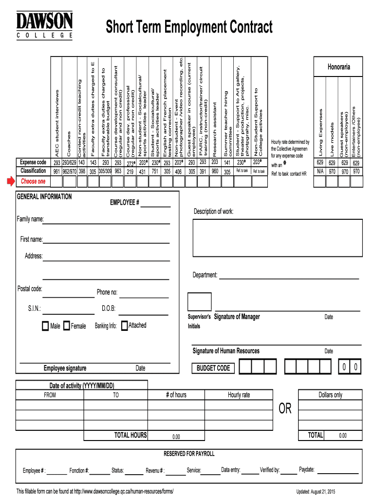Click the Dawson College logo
pos(45,25)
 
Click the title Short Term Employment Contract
pos(189,27)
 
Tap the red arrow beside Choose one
pos(11,182)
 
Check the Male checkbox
pos(45,326)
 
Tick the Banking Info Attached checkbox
pos(125,325)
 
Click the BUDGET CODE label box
pos(213,368)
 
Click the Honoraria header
pos(338,67)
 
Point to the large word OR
pos(285,409)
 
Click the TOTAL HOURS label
pos(130,435)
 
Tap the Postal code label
pos(30,289)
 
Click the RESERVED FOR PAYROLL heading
pos(188,454)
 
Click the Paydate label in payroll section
pos(306,470)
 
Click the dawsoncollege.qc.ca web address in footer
pos(124,491)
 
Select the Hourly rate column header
pos(239,395)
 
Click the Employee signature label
pos(65,368)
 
